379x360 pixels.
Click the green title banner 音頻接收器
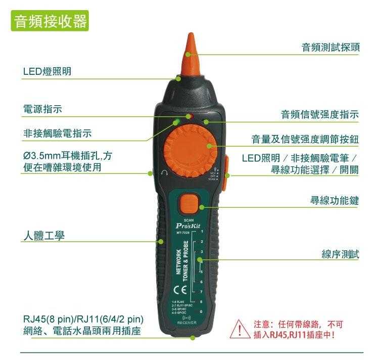(50, 22)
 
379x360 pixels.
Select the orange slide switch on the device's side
(226, 167)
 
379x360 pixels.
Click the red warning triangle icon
(240, 329)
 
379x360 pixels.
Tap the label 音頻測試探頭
(330, 48)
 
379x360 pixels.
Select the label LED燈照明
(47, 72)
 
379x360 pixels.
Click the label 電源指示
(43, 109)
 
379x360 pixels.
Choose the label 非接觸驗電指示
(58, 133)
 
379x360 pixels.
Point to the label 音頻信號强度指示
(319, 115)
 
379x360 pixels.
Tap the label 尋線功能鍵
(334, 201)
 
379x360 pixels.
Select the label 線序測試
(340, 254)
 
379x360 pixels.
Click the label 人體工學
(43, 235)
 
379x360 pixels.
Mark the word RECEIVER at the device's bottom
(186, 323)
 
